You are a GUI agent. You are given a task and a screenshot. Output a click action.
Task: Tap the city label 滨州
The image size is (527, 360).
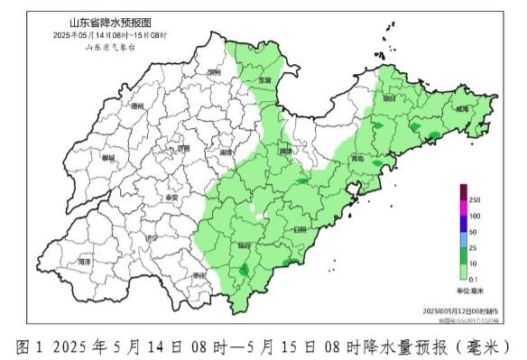pos(214,70)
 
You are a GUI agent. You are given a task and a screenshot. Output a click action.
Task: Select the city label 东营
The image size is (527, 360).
pos(264,79)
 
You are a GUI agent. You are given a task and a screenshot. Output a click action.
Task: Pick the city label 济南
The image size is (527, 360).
pos(184,148)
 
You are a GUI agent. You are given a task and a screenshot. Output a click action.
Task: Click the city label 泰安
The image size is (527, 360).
pos(171,196)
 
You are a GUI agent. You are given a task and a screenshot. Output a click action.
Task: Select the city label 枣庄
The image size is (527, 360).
pos(199,275)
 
